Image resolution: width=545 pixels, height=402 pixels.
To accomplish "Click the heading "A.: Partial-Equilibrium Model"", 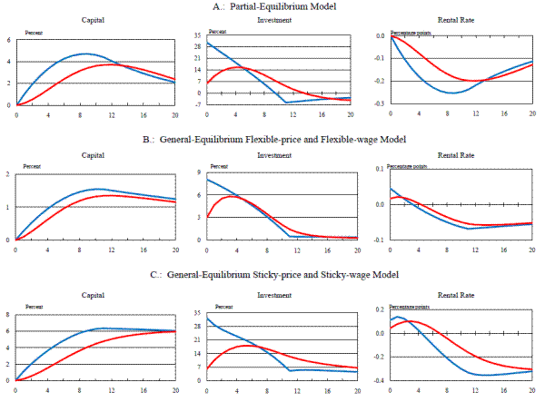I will (272, 6).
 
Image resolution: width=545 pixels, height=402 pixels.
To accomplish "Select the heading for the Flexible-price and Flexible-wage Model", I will (272, 140).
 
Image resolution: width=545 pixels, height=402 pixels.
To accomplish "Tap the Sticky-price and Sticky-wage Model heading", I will (272, 275).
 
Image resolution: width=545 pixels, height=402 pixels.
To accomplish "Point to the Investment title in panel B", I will (273, 154).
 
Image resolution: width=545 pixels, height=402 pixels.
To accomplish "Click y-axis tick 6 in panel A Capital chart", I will (8, 41).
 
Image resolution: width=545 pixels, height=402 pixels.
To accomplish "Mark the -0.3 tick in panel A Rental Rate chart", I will (381, 104).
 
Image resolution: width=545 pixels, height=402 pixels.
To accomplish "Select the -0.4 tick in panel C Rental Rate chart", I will (380, 380).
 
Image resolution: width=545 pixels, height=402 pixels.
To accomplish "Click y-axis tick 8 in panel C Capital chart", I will (8, 314).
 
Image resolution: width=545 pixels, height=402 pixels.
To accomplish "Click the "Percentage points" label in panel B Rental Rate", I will (406, 167).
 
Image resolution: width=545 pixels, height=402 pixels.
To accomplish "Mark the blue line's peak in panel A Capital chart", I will (84, 54).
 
